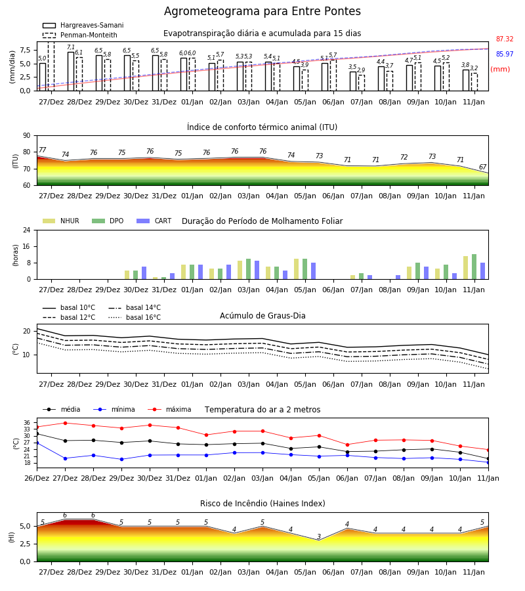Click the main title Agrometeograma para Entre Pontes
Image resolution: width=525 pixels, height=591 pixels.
pyautogui.click(x=262, y=11)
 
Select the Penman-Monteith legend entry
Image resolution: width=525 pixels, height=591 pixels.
pyautogui.click(x=80, y=35)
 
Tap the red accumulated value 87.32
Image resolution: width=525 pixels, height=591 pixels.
pyautogui.click(x=505, y=39)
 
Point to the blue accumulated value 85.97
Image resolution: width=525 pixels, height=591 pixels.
pyautogui.click(x=505, y=54)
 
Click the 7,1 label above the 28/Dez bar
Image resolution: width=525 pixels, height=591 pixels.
pyautogui.click(x=71, y=47)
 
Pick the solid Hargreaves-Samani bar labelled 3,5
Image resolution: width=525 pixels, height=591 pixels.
pyautogui.click(x=353, y=81)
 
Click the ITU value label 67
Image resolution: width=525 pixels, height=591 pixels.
pyautogui.click(x=482, y=167)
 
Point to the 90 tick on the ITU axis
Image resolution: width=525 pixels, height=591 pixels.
pyautogui.click(x=27, y=136)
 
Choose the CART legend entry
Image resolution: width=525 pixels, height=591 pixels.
pyautogui.click(x=154, y=221)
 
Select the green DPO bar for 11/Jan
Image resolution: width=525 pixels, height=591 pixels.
pyautogui.click(x=474, y=267)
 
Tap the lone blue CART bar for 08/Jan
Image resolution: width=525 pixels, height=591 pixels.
pyautogui.click(x=398, y=277)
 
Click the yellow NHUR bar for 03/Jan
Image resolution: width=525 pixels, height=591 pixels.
pyautogui.click(x=240, y=270)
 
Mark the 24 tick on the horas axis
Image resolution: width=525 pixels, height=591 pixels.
pyautogui.click(x=27, y=230)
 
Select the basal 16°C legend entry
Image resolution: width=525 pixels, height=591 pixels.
pyautogui.click(x=135, y=317)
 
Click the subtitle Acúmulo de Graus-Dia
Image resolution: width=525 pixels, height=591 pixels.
pyautogui.click(x=262, y=315)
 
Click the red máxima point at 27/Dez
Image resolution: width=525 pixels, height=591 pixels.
pyautogui.click(x=65, y=423)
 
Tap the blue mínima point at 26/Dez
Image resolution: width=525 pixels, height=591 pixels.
pyautogui.click(x=37, y=443)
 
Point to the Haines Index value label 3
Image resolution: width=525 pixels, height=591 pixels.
pyautogui.click(x=319, y=536)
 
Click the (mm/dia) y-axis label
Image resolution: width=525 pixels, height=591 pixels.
pyautogui.click(x=12, y=67)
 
